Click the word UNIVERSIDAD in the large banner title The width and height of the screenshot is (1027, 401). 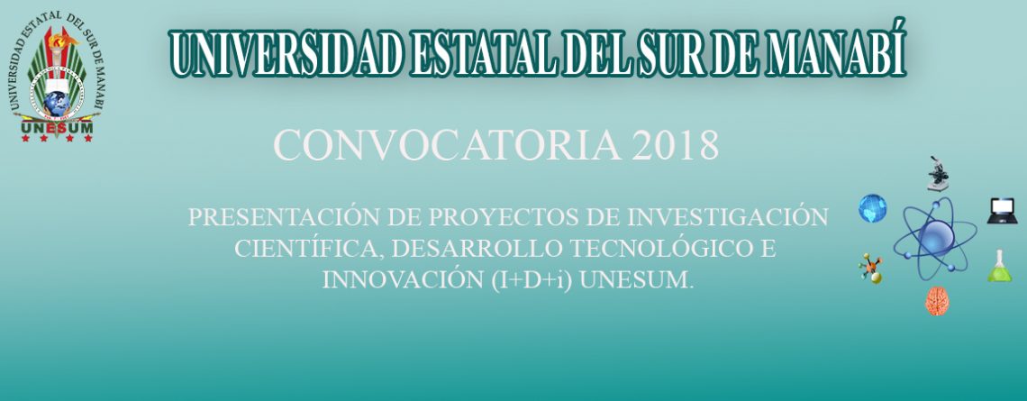coord(286,52)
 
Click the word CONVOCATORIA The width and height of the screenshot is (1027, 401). coord(448,145)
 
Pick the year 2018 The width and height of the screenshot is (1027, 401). coord(676,145)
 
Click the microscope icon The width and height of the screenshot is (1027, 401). coord(938,174)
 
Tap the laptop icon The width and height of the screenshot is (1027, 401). coord(1002,211)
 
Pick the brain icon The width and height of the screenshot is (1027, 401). coord(937,301)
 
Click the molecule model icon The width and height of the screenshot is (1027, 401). coord(871,269)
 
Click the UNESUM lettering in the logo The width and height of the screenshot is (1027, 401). coord(57,128)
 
